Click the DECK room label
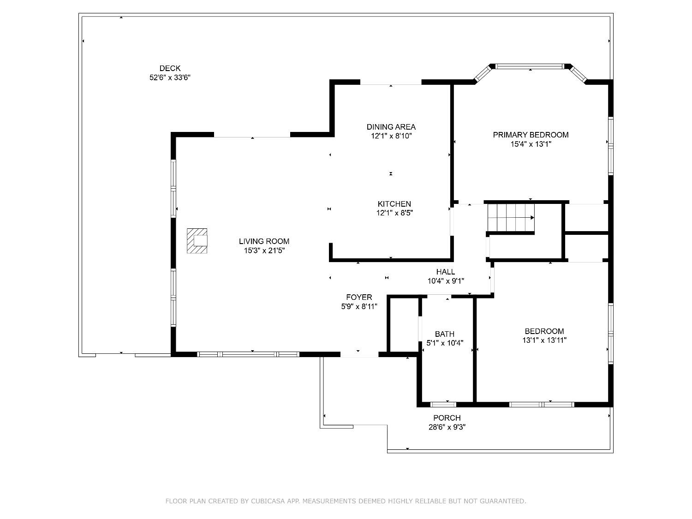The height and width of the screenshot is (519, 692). coord(170,68)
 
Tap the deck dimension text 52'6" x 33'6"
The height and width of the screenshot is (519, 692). coord(170,78)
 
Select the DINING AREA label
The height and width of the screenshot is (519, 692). coord(391,127)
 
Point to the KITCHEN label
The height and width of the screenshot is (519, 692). coord(394,204)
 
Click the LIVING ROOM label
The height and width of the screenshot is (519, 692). coord(264,241)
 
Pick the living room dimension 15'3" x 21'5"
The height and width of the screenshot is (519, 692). coord(264,251)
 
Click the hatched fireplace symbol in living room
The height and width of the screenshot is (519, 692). coord(197,240)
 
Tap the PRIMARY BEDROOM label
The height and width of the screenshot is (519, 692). coord(531,135)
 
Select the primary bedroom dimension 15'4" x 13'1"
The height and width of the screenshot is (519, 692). coord(531,144)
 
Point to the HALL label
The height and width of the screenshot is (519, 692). coord(445,272)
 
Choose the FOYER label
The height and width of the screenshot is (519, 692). coord(359,297)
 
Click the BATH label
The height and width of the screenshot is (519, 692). coord(444,334)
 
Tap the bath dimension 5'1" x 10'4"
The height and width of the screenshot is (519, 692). coord(444,343)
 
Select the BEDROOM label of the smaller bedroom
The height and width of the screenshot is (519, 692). coord(544,331)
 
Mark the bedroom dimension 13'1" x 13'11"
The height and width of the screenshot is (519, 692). coord(544,340)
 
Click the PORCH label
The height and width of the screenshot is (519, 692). coord(447,418)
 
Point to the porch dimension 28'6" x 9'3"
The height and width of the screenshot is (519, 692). coord(447,427)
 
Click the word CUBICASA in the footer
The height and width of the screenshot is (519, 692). coord(274,501)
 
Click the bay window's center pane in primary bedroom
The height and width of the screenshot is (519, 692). coord(530,66)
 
